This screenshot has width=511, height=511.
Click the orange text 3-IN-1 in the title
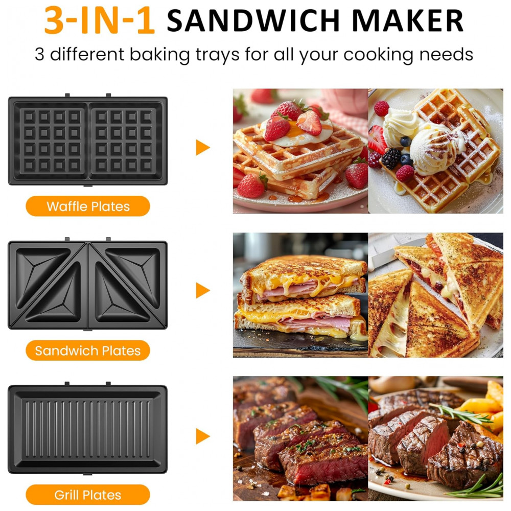(x=100, y=20)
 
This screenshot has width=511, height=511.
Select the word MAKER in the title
(x=408, y=20)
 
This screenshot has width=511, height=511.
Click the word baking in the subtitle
(x=159, y=55)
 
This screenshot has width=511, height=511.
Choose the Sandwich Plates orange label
(x=88, y=351)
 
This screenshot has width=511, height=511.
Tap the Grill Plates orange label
(x=88, y=495)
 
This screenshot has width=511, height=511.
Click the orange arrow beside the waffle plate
(x=203, y=147)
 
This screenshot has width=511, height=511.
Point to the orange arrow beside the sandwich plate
(x=203, y=290)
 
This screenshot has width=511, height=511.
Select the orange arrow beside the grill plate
(x=203, y=436)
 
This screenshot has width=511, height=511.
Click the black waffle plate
(x=88, y=141)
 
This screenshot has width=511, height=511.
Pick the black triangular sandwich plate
(x=88, y=285)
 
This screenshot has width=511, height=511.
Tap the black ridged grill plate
(x=88, y=429)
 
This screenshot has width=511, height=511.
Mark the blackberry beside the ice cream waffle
(x=391, y=158)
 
